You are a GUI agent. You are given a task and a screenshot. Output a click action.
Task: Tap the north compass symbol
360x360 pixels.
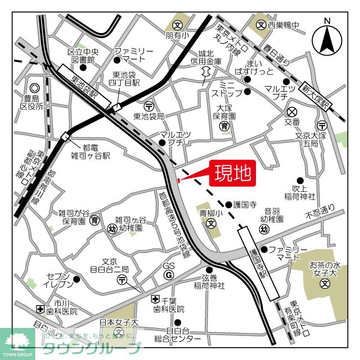pyautogui.click(x=327, y=37)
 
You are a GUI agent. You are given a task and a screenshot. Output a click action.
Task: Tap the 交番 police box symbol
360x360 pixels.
pyautogui.click(x=291, y=111)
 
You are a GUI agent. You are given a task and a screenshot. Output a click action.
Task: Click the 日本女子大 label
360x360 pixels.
pyautogui.click(x=119, y=322)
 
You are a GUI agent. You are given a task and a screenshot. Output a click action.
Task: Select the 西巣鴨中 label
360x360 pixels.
pyautogui.click(x=283, y=25)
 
